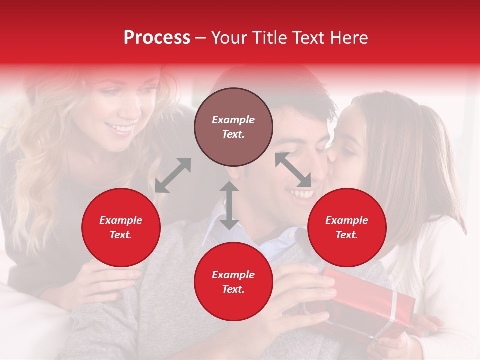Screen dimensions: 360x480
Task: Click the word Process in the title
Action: [157, 38]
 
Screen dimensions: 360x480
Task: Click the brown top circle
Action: [233, 127]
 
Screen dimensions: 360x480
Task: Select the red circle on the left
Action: [121, 227]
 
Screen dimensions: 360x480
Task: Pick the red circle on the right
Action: [347, 227]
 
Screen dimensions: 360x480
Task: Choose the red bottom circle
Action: [233, 282]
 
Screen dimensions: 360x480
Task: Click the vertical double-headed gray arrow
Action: [229, 205]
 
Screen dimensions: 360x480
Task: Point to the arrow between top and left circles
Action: [173, 175]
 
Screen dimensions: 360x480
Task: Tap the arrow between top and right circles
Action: [293, 170]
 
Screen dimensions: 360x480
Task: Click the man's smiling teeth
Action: [301, 192]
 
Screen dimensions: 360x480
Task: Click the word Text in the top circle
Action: [233, 134]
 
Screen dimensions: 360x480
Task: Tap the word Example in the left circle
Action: [121, 220]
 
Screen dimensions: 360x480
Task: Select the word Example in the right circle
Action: [347, 220]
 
